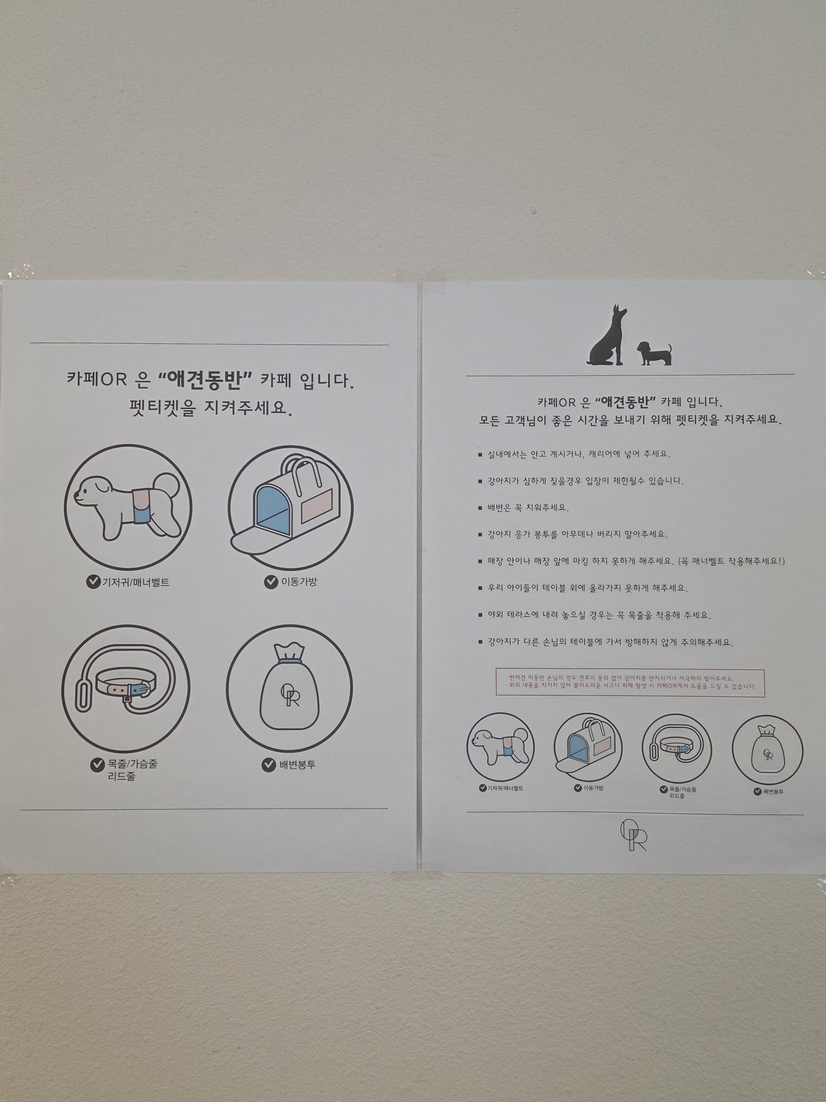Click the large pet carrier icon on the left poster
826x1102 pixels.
coord(291,507)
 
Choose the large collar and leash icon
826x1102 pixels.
coord(126,688)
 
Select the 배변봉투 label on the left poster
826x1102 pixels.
coord(297,765)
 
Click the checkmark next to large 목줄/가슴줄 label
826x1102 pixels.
coord(97,765)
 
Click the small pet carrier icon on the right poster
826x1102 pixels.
coord(588,747)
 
